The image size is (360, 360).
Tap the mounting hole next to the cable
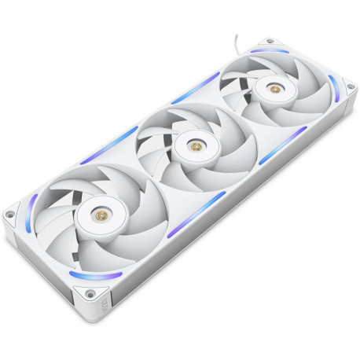(x=270, y=42)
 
